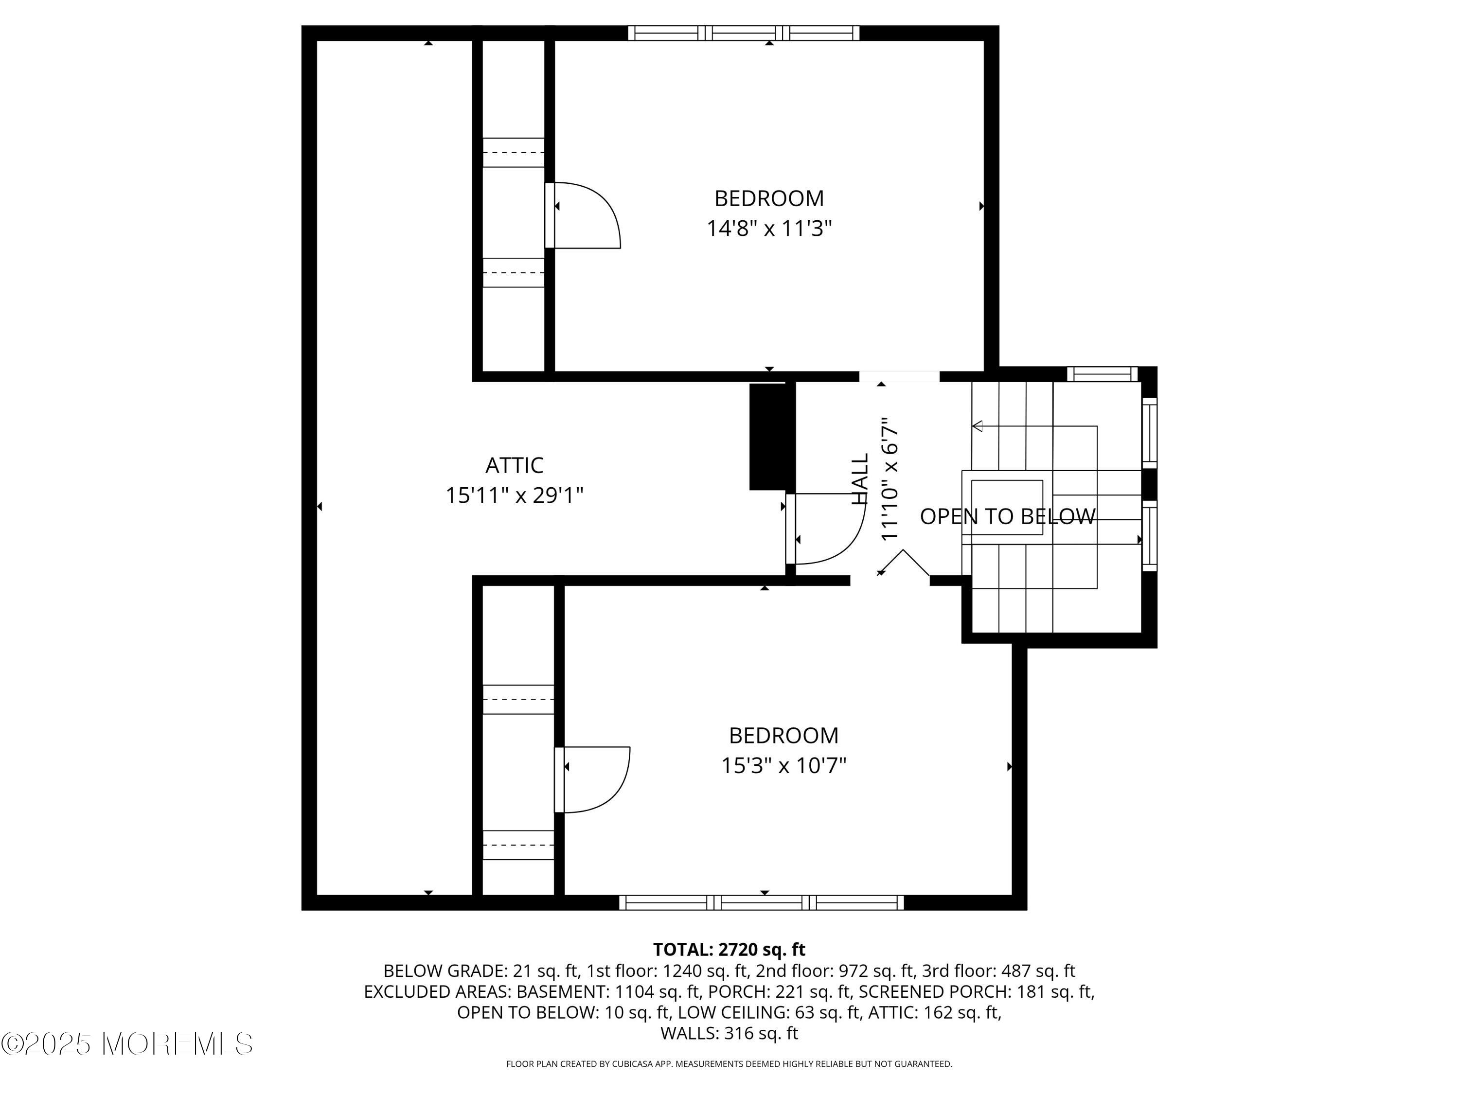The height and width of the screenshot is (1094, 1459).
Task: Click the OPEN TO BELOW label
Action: [x=1008, y=516]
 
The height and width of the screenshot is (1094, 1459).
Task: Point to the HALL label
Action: [x=860, y=479]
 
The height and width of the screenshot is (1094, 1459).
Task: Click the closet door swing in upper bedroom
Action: [x=584, y=216]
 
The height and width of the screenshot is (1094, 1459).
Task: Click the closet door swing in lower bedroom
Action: [x=594, y=779]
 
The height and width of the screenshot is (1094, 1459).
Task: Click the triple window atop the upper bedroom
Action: [x=743, y=33]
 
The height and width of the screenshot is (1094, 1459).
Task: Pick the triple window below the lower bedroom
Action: [x=762, y=903]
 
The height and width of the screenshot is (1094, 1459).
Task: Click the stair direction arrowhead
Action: [x=978, y=426]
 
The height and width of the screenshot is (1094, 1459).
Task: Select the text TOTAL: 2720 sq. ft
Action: [x=729, y=950]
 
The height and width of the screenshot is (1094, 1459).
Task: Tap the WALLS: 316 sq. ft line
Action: [x=729, y=1033]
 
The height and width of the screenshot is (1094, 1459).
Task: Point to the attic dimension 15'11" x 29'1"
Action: [x=515, y=495]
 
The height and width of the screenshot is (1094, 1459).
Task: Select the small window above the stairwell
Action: [x=1102, y=374]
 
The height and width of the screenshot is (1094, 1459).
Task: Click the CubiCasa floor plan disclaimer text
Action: [x=729, y=1064]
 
